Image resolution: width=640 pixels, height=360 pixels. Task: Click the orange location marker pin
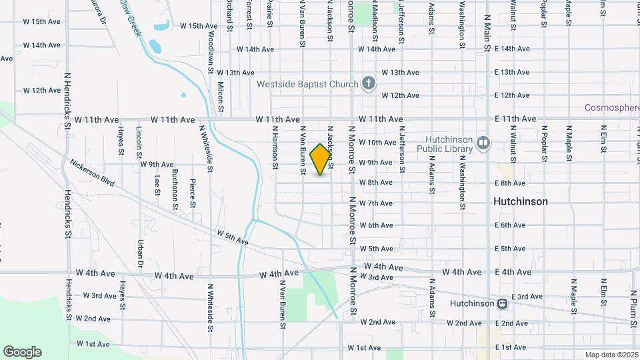click(321, 159)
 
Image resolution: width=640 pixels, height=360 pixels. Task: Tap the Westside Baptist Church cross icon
click(368, 84)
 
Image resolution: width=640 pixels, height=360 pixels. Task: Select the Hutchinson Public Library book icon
click(483, 142)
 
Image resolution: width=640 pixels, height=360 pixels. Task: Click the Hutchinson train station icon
click(502, 303)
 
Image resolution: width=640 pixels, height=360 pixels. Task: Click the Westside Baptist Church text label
click(308, 85)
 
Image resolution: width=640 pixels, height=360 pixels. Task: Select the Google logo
click(22, 352)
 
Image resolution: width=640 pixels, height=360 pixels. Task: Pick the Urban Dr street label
click(141, 250)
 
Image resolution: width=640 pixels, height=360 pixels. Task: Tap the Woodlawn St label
click(211, 51)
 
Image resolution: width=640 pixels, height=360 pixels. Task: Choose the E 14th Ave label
click(512, 49)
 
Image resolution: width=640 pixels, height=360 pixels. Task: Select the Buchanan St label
click(175, 189)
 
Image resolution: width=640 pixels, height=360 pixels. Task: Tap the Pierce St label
click(193, 192)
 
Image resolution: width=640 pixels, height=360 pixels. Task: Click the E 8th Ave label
click(510, 183)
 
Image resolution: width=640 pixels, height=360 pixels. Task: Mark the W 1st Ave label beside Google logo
click(93, 344)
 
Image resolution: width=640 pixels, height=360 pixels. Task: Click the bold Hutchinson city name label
click(520, 201)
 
